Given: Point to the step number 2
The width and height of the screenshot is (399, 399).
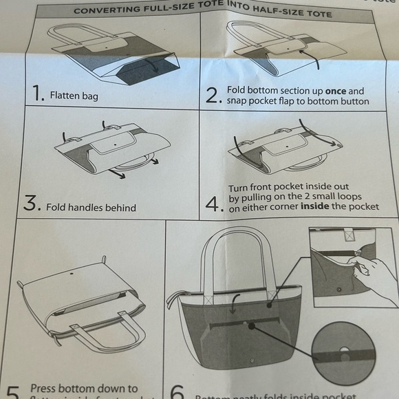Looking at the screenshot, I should click(x=213, y=96).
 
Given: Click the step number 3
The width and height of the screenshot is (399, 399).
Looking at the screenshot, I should click(x=31, y=204).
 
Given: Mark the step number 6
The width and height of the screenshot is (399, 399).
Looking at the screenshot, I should click(x=177, y=393).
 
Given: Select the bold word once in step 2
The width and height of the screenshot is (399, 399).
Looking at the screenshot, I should click(x=336, y=91).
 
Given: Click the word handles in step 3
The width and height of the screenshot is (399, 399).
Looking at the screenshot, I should click(x=91, y=207).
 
